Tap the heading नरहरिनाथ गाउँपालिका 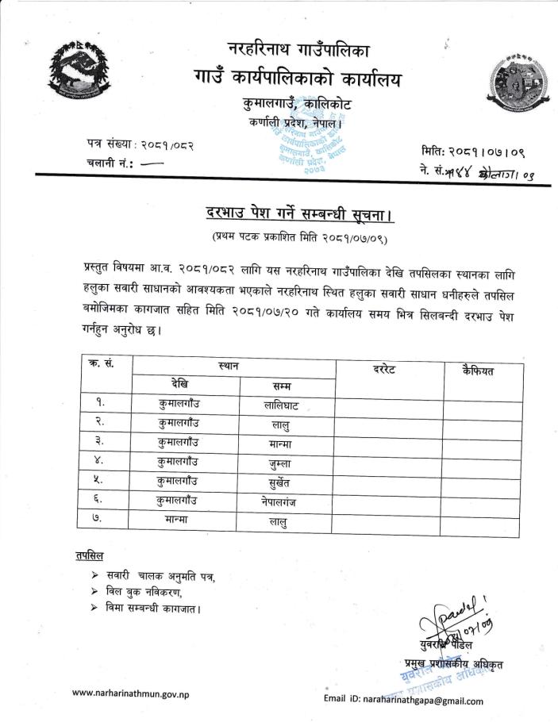(x=298, y=48)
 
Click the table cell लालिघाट (x=280, y=405)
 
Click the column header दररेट (x=389, y=370)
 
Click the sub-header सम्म (x=280, y=386)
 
